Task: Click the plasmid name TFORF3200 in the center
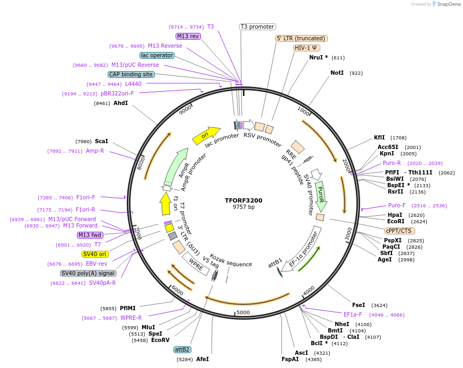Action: coord(243,200)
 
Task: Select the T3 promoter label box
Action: coord(258,27)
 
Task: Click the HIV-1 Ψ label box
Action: coord(307,48)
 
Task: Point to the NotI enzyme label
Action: coord(337,73)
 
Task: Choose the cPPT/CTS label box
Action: coord(400,231)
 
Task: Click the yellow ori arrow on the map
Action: coord(206,136)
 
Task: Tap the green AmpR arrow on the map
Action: coord(177,166)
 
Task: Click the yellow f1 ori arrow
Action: coord(165,204)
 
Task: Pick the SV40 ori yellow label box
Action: coord(95,254)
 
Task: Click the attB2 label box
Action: coord(182,350)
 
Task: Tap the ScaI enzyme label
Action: coord(101,142)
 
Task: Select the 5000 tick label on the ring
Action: coord(243,312)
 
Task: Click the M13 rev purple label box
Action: coord(188,36)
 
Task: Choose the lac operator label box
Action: coord(157,55)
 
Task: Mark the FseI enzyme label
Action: coord(359,305)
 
